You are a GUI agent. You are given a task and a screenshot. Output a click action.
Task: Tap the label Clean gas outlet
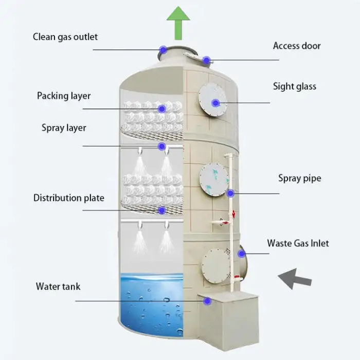click(65, 37)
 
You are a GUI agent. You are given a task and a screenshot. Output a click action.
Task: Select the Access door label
click(297, 46)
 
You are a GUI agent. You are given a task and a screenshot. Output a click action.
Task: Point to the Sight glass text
click(295, 86)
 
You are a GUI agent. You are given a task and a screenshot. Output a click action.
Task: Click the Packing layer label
click(64, 96)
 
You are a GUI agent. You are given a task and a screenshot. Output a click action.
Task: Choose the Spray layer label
click(64, 128)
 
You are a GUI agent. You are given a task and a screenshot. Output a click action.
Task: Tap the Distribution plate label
click(69, 198)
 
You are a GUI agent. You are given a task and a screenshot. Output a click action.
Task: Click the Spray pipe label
click(300, 178)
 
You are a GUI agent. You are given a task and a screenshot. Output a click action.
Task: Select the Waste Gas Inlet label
click(298, 243)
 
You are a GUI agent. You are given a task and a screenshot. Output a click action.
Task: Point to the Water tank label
click(58, 286)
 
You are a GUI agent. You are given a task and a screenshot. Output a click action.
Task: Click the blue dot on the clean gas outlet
click(164, 50)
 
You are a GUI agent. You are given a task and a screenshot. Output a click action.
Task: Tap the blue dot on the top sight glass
click(215, 102)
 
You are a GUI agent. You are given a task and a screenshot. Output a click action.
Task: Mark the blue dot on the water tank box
click(207, 301)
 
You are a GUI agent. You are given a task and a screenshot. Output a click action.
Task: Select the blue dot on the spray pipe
click(231, 193)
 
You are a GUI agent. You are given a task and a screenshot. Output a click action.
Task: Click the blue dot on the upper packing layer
click(161, 109)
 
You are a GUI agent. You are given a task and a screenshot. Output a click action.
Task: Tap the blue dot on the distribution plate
click(161, 210)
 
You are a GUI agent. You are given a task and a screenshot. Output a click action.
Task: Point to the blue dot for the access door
click(206, 60)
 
